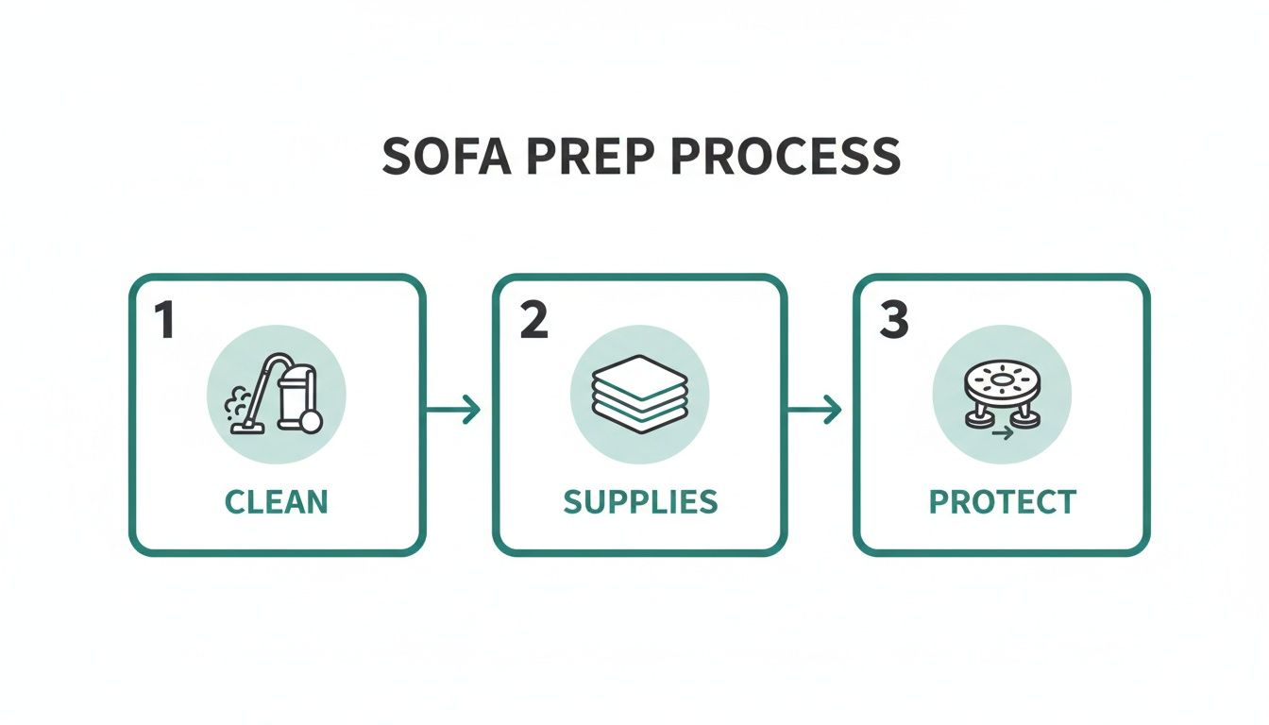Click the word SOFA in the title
point(445,157)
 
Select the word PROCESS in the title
point(785,157)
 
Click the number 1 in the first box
point(164,322)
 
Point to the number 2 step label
point(533,322)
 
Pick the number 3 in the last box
point(893,322)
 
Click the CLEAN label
point(277,501)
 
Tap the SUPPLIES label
point(640,501)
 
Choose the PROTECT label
point(1002,501)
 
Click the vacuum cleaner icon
point(277,395)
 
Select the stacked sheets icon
point(639,396)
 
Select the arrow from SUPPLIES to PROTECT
point(814,410)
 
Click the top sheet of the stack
point(639,369)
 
